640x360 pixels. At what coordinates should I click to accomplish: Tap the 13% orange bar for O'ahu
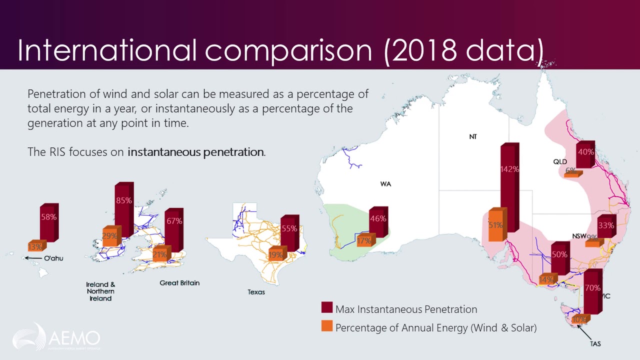[x=36, y=246]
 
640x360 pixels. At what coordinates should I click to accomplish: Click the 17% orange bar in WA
[x=365, y=240]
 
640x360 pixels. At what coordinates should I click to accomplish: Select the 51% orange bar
[x=496, y=225]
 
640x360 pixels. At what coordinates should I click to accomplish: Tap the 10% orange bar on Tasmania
[x=580, y=319]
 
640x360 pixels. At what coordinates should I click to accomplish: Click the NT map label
[x=473, y=137]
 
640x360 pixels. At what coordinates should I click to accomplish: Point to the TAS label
[x=595, y=344]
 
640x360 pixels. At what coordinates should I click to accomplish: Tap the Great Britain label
[x=179, y=283]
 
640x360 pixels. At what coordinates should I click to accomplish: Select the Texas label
[x=256, y=292]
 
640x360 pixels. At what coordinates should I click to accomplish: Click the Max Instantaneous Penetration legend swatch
[x=327, y=309]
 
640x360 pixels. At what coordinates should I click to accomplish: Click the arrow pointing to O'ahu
[x=32, y=258]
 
